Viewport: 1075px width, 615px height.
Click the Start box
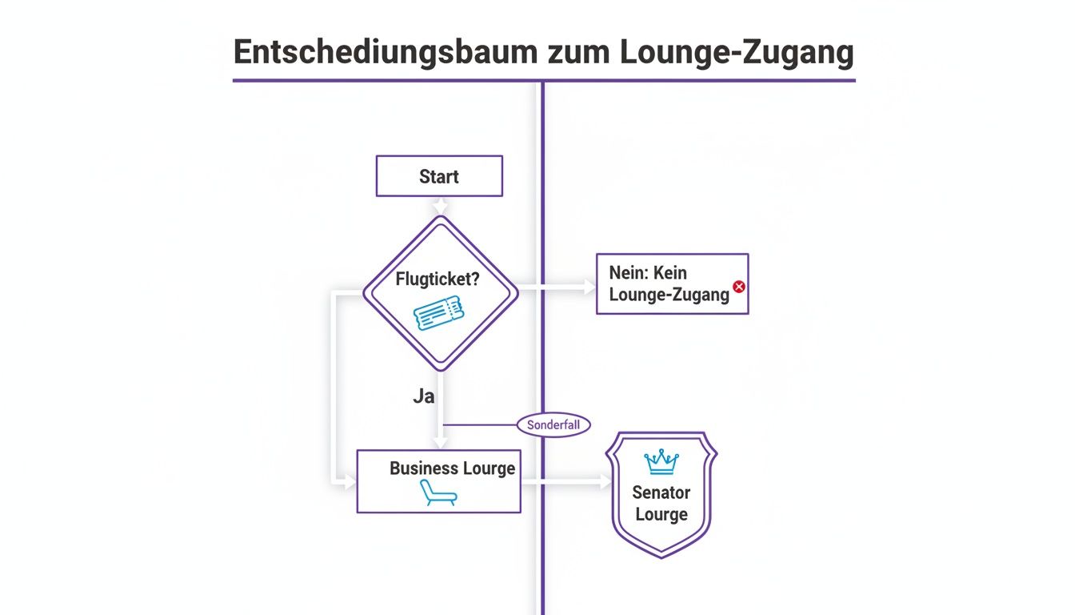(x=439, y=176)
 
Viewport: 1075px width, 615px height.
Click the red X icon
(x=739, y=286)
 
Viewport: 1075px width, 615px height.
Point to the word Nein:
(x=631, y=272)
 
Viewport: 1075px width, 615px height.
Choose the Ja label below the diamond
(x=424, y=396)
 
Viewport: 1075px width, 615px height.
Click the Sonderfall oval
(x=553, y=425)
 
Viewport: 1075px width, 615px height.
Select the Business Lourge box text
(x=452, y=468)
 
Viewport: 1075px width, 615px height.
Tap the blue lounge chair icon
(x=438, y=493)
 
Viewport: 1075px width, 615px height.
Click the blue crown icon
(x=661, y=462)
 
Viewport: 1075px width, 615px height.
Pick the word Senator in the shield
(x=661, y=492)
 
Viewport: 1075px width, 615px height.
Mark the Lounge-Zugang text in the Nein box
(x=669, y=295)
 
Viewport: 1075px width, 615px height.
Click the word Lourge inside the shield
(x=661, y=514)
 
